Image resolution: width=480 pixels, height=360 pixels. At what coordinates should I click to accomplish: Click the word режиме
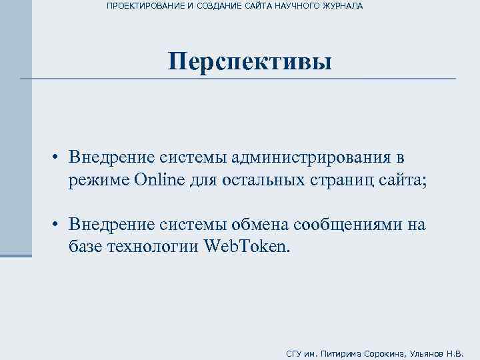click(98, 179)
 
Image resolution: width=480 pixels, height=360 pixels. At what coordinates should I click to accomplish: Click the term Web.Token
click(246, 247)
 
